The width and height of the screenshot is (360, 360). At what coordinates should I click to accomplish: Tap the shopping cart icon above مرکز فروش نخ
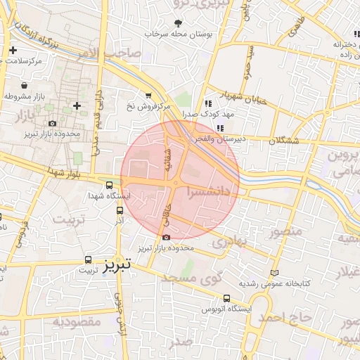[148, 95]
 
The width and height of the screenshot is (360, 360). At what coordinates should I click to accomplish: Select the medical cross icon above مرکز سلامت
[13, 50]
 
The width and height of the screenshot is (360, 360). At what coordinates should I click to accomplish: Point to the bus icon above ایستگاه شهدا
[108, 186]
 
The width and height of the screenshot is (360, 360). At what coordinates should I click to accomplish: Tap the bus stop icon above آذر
[119, 210]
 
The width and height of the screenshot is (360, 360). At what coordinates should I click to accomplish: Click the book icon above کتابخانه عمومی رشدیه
[274, 274]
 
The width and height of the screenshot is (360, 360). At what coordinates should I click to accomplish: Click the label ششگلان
[283, 141]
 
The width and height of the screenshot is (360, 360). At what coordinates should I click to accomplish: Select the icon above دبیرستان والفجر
[220, 128]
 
